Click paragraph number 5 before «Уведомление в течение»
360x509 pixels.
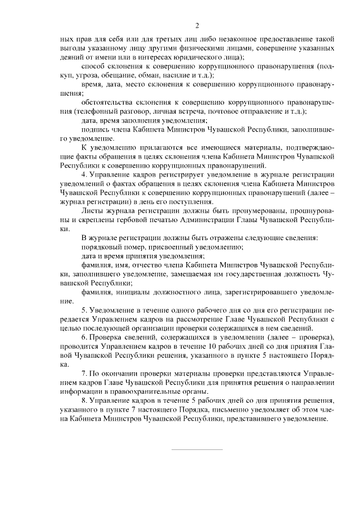[84, 310]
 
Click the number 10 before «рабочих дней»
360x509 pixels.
[220, 346]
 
